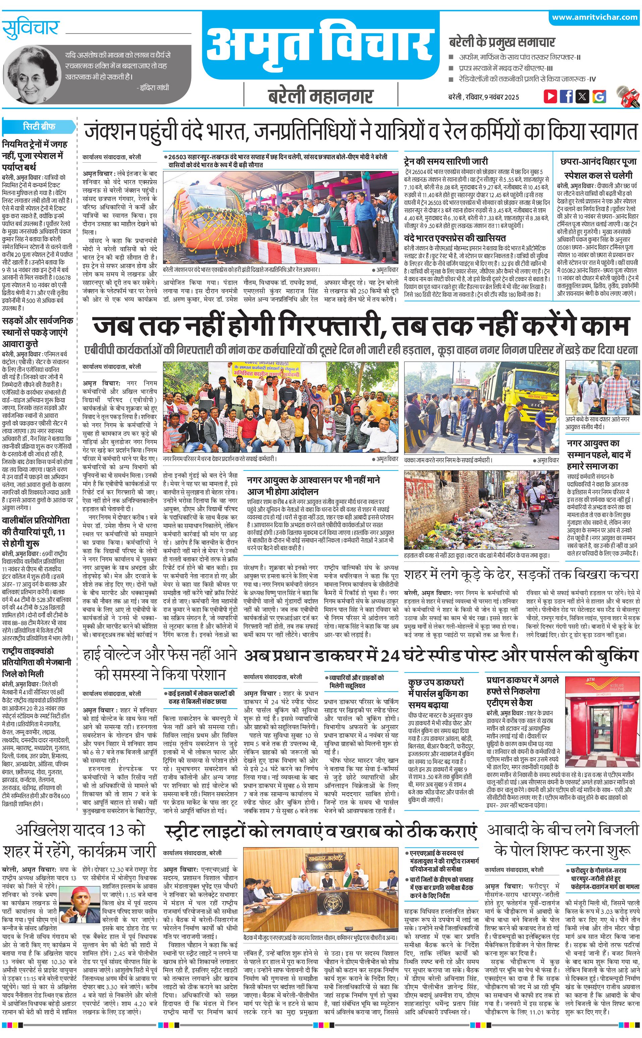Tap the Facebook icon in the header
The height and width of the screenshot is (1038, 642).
[566, 96]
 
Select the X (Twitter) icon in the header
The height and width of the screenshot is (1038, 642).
[582, 96]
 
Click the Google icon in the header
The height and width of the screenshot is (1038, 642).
[599, 96]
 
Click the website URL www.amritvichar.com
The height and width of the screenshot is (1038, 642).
[594, 17]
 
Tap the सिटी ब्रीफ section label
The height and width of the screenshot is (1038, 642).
[39, 126]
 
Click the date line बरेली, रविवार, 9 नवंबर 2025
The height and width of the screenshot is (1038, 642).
[484, 97]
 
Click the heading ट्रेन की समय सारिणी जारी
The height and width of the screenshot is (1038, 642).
[446, 161]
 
